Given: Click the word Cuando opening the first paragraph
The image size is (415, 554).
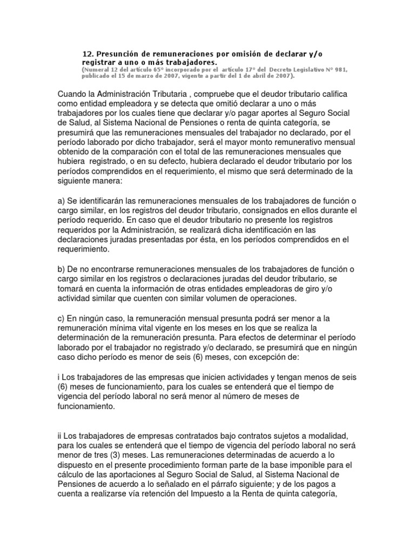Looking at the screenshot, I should coord(72,95).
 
